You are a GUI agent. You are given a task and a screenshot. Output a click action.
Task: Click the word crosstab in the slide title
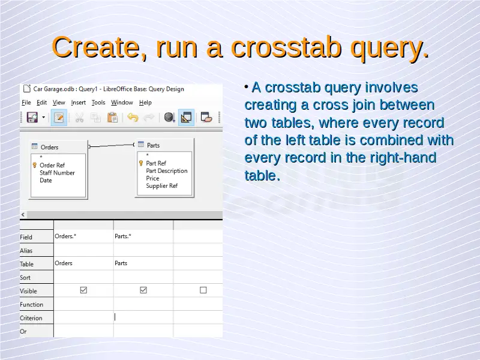(x=286, y=47)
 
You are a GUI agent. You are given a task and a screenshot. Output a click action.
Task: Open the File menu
(x=26, y=103)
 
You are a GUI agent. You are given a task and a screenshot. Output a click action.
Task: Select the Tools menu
(x=98, y=103)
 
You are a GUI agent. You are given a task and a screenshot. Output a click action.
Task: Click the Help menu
(x=145, y=103)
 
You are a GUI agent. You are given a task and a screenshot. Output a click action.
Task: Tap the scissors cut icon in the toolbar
(x=79, y=117)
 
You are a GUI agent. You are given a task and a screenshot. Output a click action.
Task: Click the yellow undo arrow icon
(x=133, y=117)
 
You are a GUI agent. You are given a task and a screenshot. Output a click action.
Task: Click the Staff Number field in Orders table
(x=57, y=173)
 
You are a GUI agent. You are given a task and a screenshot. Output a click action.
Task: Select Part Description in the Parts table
(x=167, y=171)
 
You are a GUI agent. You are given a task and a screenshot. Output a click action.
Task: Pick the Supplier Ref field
(x=161, y=186)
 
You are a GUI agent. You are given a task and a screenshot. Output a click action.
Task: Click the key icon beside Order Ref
(x=35, y=166)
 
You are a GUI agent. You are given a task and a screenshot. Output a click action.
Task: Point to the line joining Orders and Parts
(x=112, y=145)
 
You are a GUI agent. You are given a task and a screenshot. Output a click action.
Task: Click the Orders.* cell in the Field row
(x=65, y=236)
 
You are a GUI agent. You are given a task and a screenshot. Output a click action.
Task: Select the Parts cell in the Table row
(x=121, y=263)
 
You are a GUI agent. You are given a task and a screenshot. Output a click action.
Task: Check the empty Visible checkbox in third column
(x=203, y=290)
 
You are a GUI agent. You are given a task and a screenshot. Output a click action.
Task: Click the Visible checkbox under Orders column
(x=83, y=290)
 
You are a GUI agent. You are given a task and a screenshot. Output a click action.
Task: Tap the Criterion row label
(x=31, y=318)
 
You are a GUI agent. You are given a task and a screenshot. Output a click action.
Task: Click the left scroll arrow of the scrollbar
(x=23, y=215)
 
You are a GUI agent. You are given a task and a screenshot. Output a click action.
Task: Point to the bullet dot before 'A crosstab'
(x=247, y=87)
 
